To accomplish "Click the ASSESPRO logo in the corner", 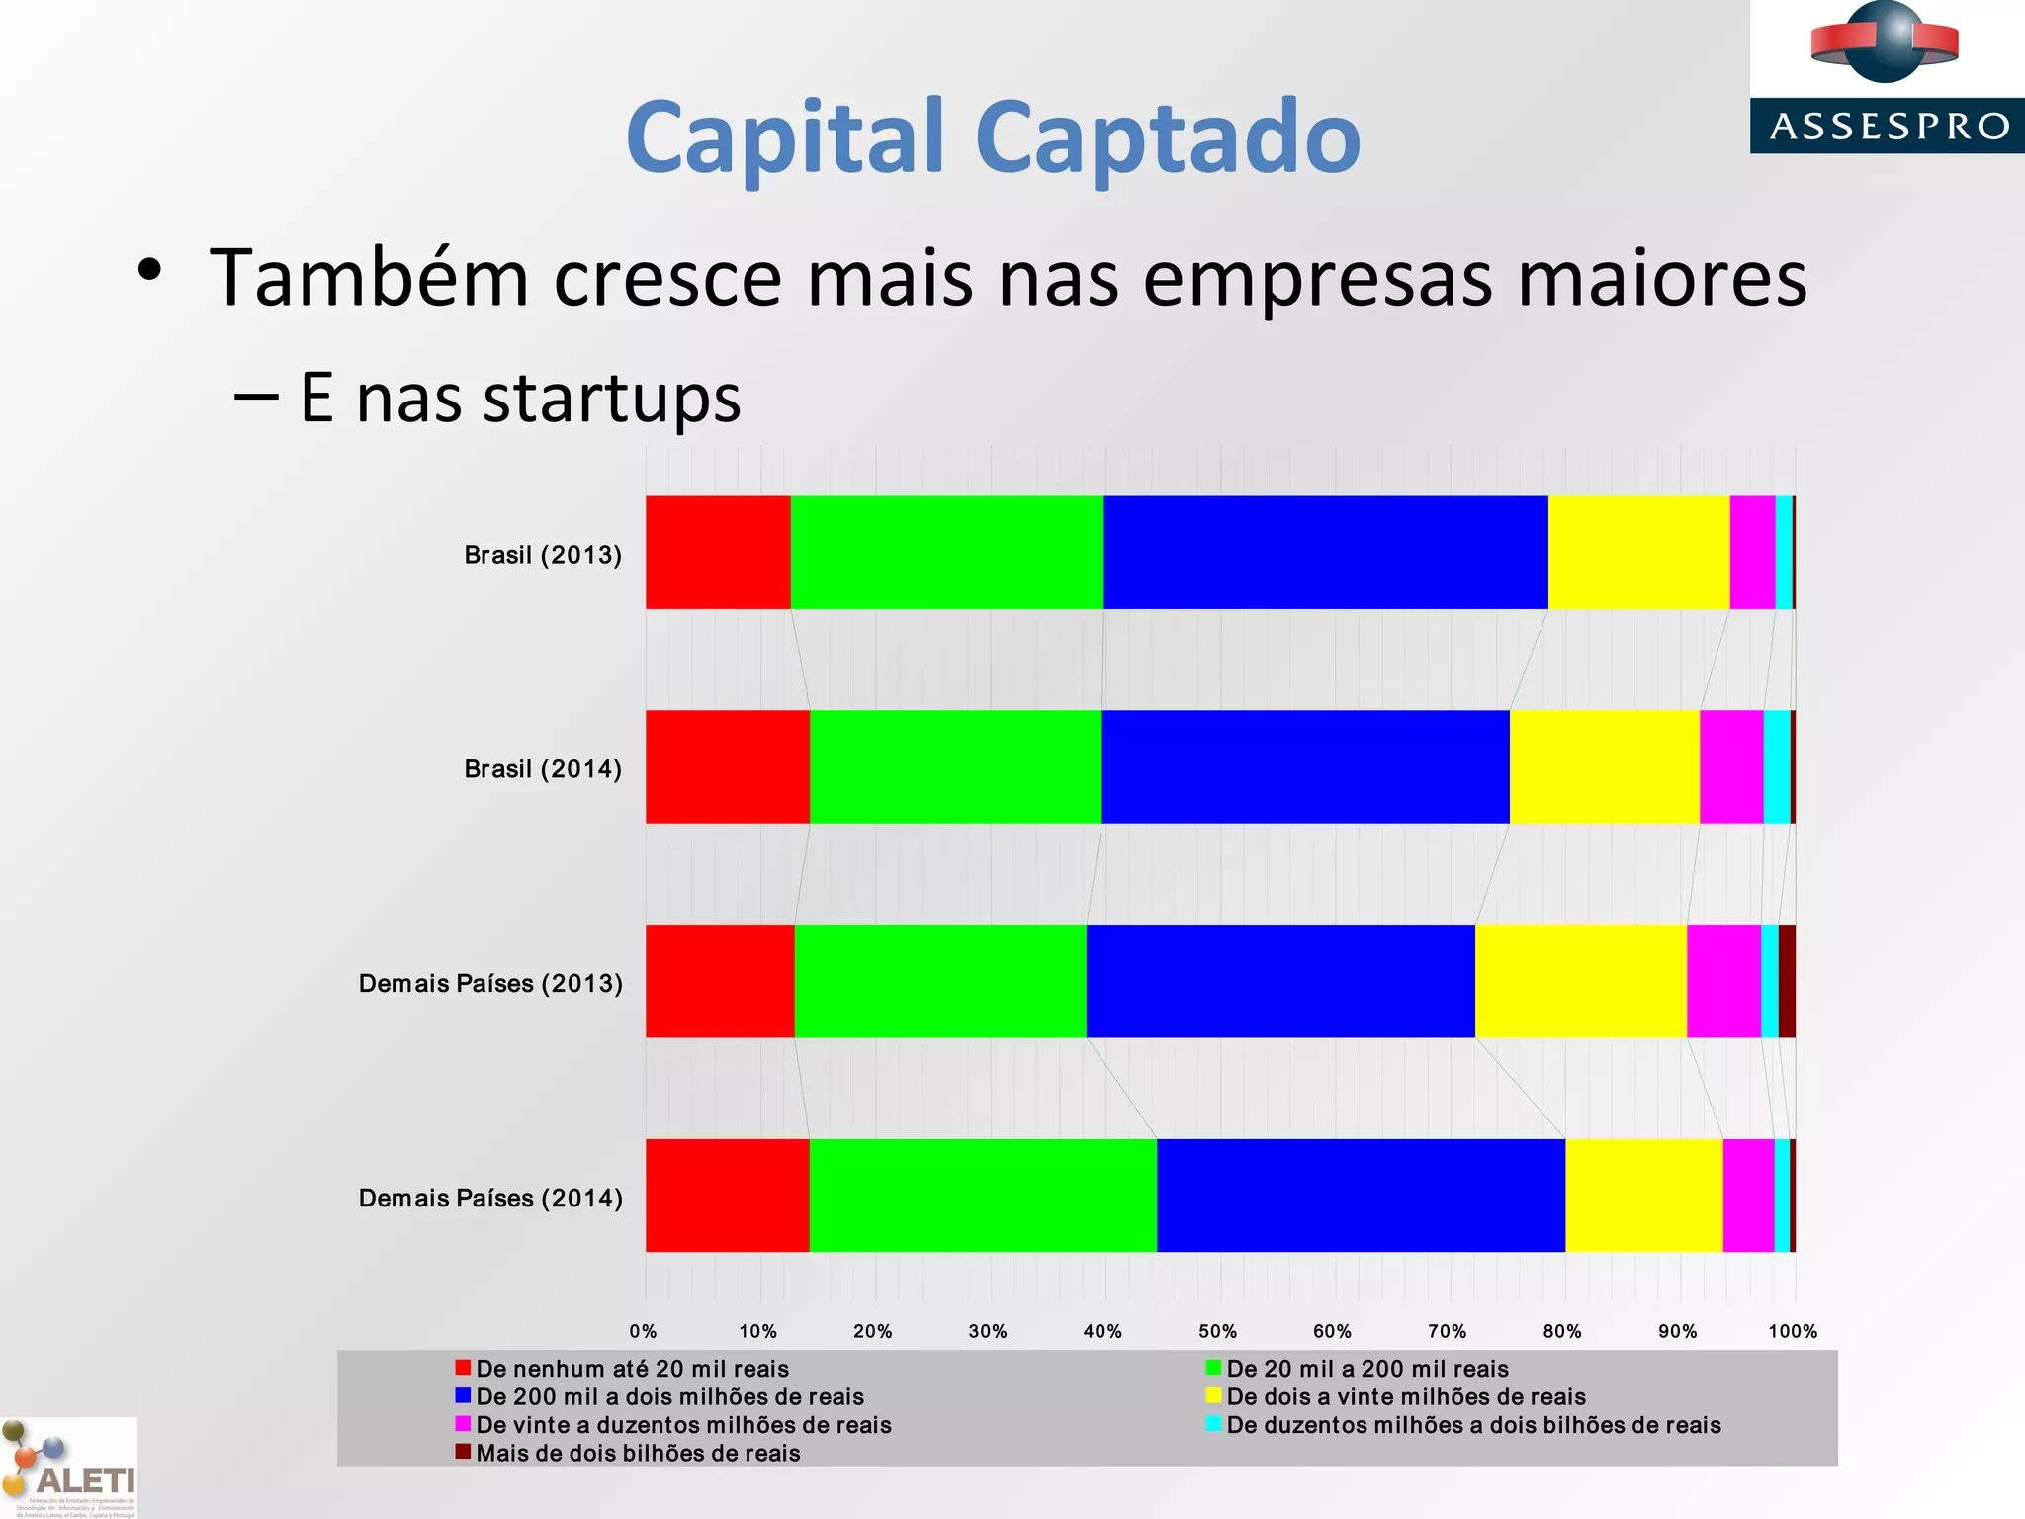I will point(1887,77).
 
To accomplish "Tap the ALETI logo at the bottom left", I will point(69,1470).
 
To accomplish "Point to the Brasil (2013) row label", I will point(543,555).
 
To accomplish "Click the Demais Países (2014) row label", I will point(490,1199).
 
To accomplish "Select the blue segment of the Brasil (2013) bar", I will point(1325,553).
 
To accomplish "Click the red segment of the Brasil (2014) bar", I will point(728,766).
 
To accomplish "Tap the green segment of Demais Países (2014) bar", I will point(983,1196).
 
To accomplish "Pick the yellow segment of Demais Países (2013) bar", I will point(1580,981).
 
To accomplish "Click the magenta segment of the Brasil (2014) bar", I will point(1731,766).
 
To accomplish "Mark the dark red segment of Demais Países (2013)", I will point(1787,981).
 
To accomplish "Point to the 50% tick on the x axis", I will point(1217,1331).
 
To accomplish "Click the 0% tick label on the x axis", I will point(644,1331).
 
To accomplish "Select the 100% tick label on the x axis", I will point(1792,1331).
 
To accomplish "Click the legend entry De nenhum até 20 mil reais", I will point(632,1369).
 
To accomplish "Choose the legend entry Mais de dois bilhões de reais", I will point(638,1453).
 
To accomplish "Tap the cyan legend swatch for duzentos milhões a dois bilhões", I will point(1214,1424).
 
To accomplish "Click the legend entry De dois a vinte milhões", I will point(1405,1396).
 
